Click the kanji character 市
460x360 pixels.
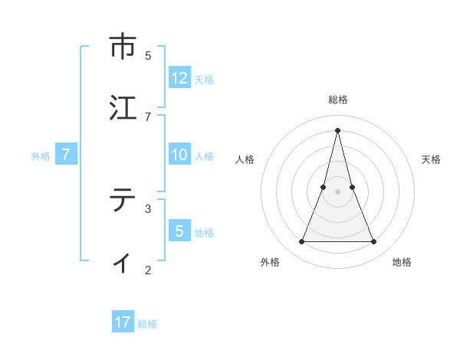point(122,47)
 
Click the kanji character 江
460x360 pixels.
point(122,108)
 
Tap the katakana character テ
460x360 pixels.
point(122,200)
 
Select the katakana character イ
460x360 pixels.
point(122,261)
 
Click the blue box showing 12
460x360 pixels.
point(179,78)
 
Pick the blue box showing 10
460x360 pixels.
point(179,155)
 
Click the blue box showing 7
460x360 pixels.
point(66,155)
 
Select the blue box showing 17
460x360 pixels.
point(123,322)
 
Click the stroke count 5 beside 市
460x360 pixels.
point(148,55)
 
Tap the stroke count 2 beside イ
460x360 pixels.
point(148,270)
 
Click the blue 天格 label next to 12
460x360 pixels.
point(204,79)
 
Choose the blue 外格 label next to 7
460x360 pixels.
point(41,155)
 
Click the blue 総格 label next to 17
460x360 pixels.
point(147,323)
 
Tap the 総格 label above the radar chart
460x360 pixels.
point(338,100)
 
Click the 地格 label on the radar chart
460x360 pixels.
point(402,262)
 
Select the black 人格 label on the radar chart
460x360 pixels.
point(245,159)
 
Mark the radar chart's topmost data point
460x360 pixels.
point(338,129)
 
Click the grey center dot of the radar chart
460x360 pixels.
point(338,191)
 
